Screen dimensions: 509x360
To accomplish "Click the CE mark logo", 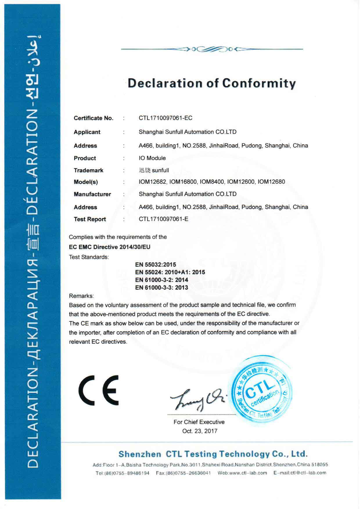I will point(99,390).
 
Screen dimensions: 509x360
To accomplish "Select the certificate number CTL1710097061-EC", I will point(165,118).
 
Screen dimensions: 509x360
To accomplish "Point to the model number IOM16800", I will point(183,182).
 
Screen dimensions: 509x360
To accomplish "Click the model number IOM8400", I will point(212,182).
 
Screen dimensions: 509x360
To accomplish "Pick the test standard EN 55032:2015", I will point(156,265).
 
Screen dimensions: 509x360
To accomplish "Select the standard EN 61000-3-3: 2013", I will point(162,288).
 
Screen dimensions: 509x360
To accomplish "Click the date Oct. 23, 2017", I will point(200,431).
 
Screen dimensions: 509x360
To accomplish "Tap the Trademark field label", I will point(89,170).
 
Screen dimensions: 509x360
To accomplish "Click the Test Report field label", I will point(90,220).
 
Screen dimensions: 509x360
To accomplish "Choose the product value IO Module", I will point(152,158).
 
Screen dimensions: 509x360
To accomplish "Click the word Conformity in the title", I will point(259,83).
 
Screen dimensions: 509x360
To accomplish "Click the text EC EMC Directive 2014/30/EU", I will point(109,247).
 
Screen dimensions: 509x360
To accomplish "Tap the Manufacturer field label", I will point(92,194).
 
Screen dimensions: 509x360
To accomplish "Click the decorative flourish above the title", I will point(212,49).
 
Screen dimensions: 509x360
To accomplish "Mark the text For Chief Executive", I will point(199,422).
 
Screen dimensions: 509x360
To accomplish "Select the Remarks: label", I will point(81,296).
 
